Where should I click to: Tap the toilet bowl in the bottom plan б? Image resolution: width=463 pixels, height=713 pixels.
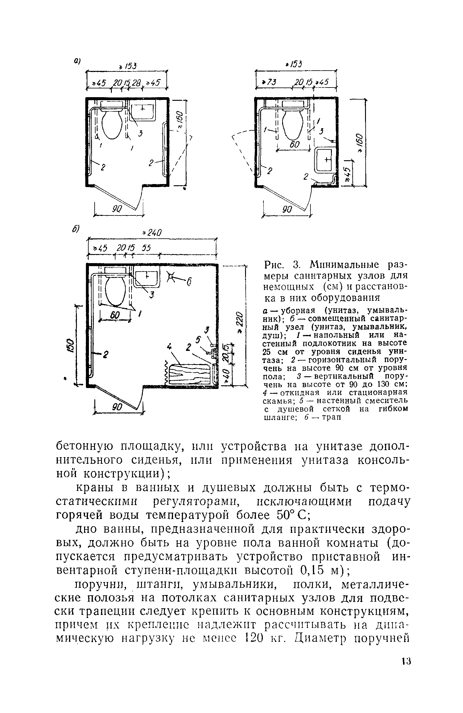point(115,290)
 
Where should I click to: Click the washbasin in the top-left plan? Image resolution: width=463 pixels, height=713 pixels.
point(143,112)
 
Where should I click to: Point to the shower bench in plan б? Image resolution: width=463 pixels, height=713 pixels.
point(190,374)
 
